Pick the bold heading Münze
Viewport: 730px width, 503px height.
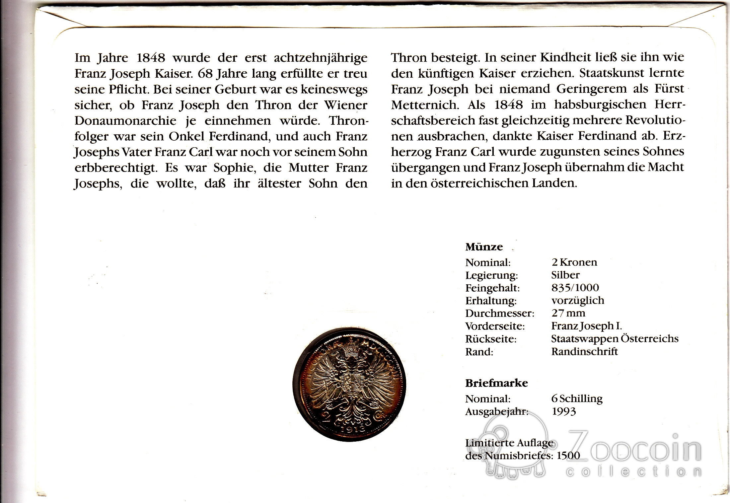click(484, 247)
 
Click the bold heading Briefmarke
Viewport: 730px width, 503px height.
click(496, 383)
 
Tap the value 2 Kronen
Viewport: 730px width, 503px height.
click(574, 262)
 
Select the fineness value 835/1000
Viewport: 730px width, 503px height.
click(575, 288)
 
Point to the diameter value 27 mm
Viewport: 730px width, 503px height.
click(568, 313)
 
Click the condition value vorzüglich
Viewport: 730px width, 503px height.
click(578, 300)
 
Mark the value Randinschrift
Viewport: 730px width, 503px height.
click(584, 351)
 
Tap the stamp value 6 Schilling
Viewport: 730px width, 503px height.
click(577, 398)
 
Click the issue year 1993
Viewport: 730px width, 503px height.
click(564, 411)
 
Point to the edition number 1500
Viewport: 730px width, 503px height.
click(568, 455)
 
